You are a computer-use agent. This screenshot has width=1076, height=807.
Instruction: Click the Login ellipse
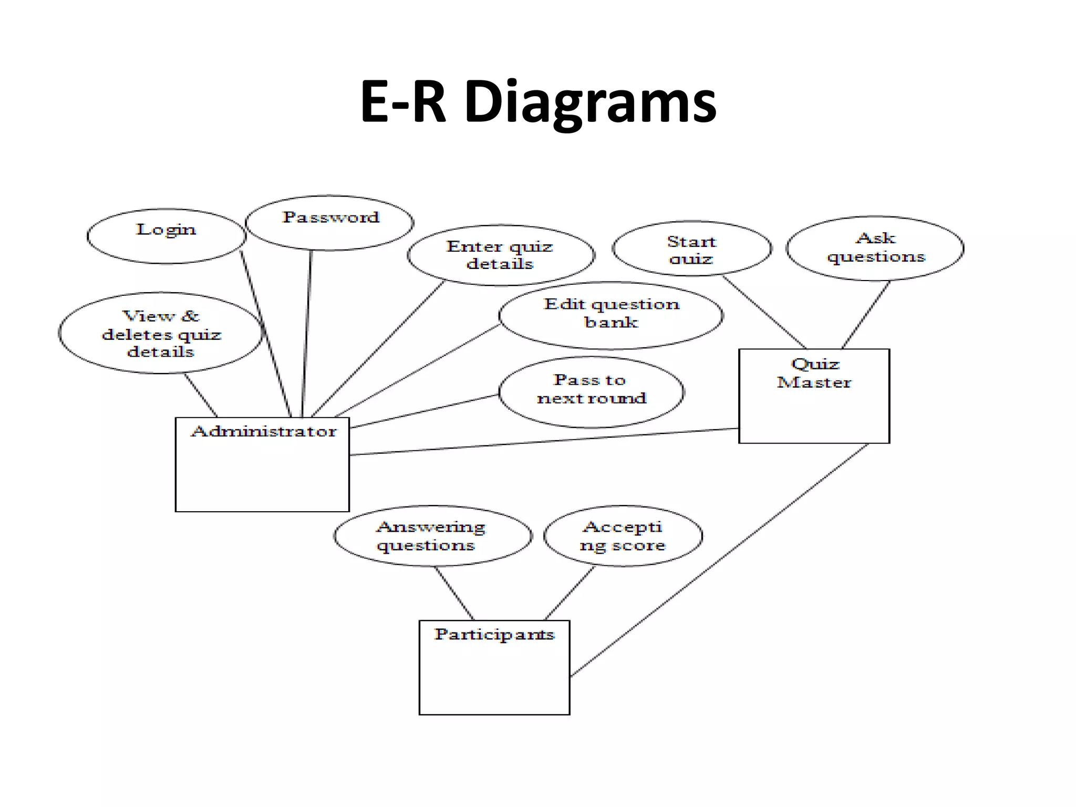tap(166, 236)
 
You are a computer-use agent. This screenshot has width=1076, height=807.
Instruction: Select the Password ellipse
tap(330, 223)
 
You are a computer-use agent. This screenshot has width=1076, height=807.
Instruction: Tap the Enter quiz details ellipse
tap(501, 255)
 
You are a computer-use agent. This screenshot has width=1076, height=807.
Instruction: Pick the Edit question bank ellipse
tap(611, 315)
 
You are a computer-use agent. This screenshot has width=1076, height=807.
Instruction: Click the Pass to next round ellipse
tap(591, 391)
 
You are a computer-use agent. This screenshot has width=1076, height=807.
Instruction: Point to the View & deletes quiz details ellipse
tap(161, 333)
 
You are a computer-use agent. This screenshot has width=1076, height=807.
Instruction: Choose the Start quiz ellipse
tap(692, 249)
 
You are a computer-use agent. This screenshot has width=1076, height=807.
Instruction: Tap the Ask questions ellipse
tap(875, 248)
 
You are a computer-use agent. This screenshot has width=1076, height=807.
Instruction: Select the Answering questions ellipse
tap(432, 536)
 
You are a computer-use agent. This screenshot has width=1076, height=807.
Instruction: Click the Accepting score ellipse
tap(623, 536)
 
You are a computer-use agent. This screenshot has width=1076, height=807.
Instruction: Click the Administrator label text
tap(264, 431)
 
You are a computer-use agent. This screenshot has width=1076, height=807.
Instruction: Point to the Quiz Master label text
tap(814, 373)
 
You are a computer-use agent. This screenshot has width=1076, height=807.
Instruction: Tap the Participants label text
tap(494, 634)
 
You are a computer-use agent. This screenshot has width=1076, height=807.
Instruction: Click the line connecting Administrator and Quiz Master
tap(544, 442)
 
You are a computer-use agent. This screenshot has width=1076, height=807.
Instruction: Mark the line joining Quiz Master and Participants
tap(720, 560)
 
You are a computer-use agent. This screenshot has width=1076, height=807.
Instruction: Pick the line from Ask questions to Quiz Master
tap(866, 315)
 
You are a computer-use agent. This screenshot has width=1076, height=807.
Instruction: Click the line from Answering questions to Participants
tap(454, 593)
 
